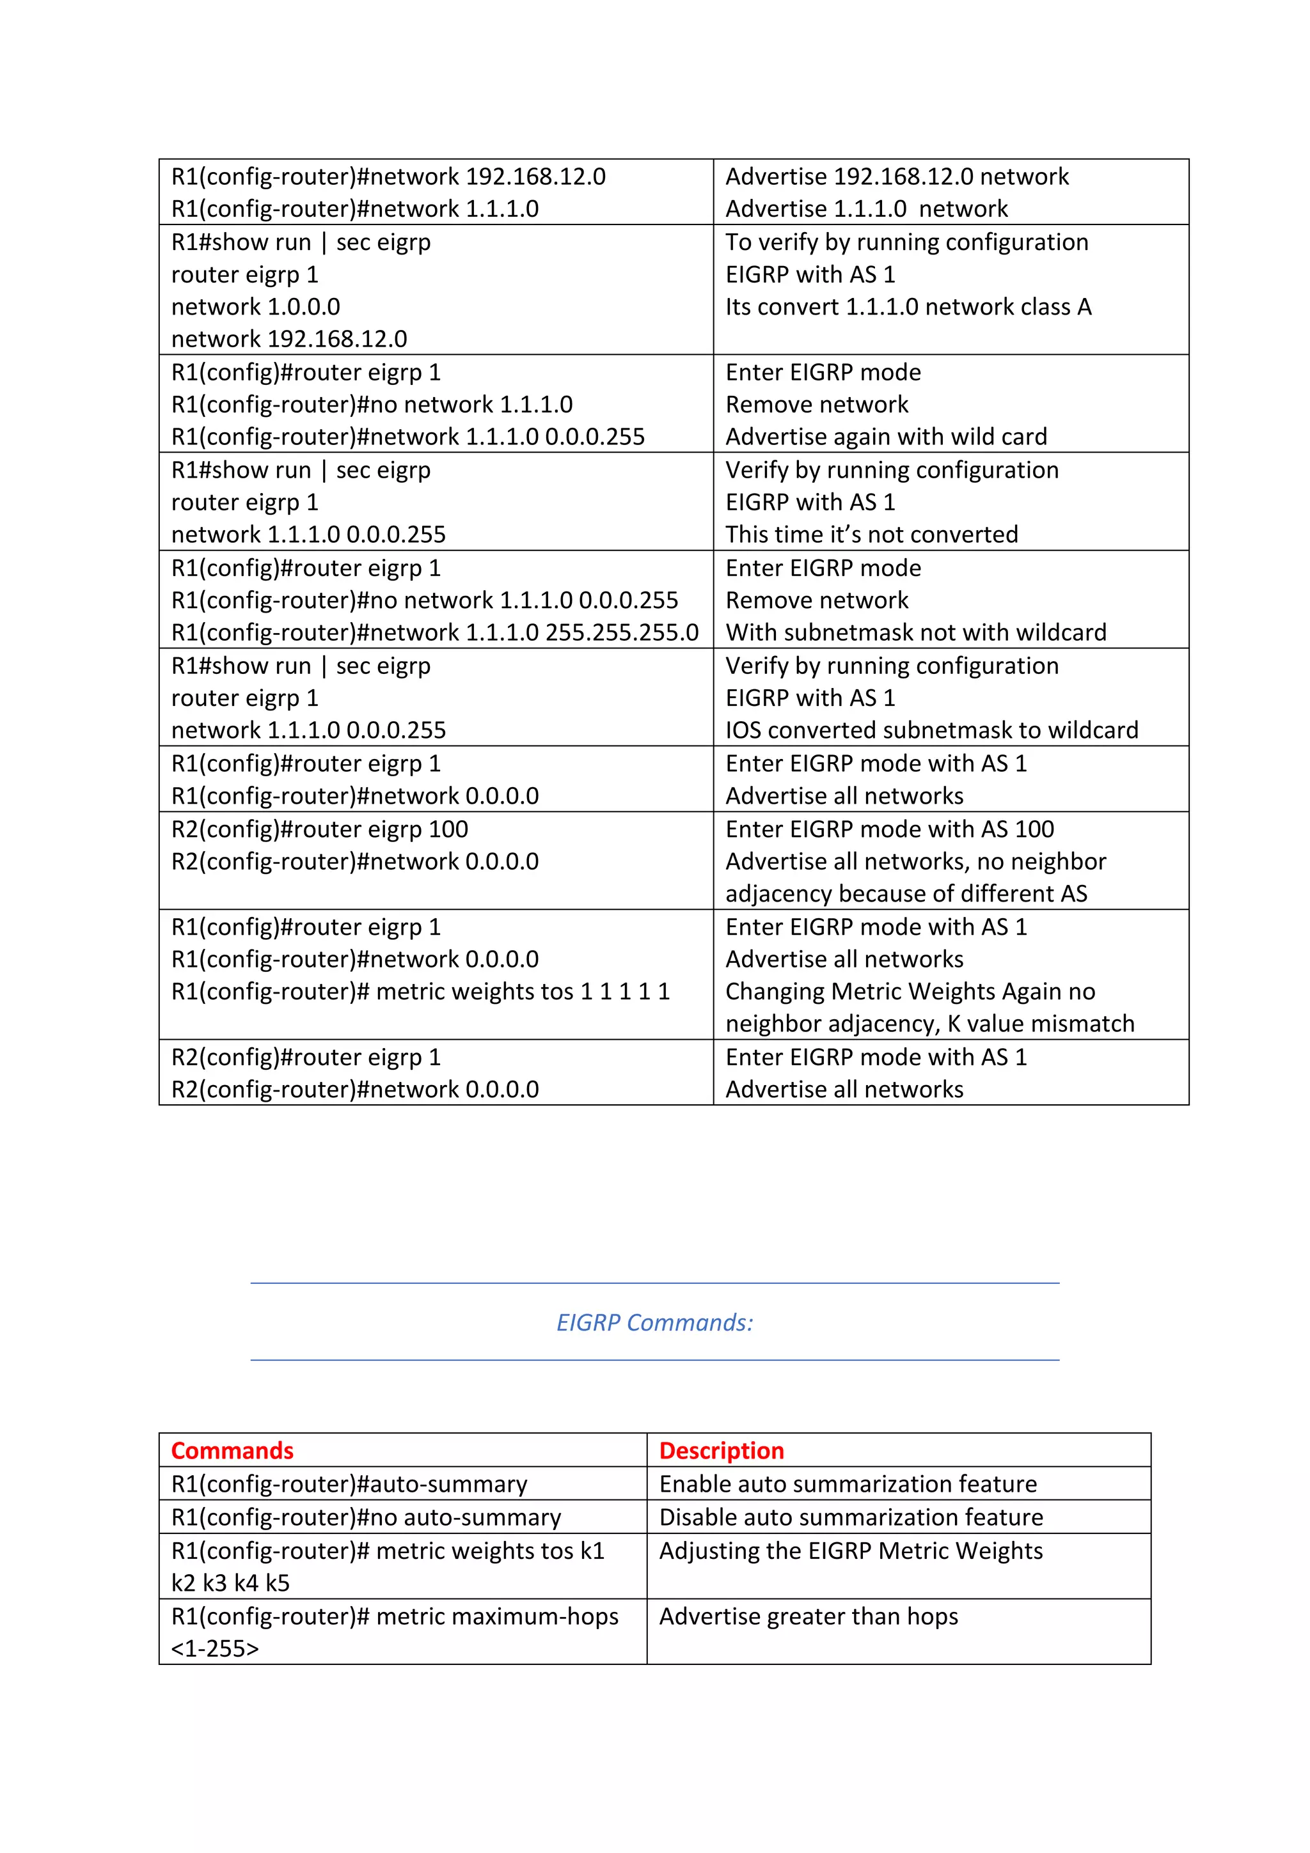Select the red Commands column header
232,1451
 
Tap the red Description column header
721,1451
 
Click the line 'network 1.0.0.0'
255,307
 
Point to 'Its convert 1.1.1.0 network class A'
908,307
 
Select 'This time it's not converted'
871,535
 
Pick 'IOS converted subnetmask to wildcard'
931,730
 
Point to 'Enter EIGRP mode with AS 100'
890,829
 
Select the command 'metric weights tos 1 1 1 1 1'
420,992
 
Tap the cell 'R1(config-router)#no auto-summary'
366,1517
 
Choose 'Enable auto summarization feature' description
848,1484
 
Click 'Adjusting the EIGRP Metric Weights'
851,1551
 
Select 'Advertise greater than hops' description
808,1616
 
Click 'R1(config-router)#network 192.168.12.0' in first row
388,176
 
